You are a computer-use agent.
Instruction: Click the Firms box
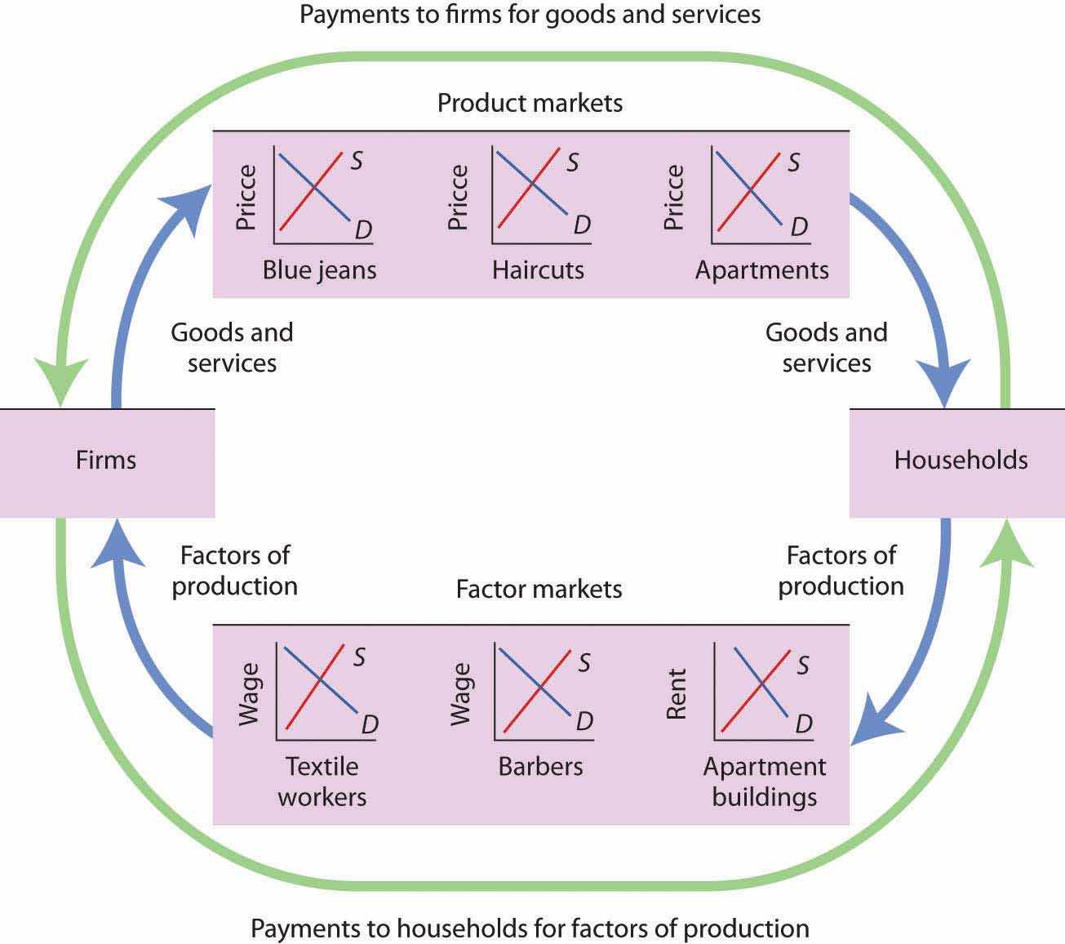tap(106, 461)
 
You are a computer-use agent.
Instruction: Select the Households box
tap(960, 461)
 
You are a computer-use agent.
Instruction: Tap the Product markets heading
tap(530, 103)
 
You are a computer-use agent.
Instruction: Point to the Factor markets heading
tap(539, 589)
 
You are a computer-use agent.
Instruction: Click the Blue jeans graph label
tap(319, 270)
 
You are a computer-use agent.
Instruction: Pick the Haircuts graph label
tap(538, 270)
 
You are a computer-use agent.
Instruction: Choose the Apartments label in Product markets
tap(761, 270)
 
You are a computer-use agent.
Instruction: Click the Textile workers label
tap(322, 781)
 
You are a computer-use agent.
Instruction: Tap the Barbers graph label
tap(540, 767)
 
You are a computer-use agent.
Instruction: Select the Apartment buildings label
tap(765, 781)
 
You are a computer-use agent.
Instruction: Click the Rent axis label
tap(677, 693)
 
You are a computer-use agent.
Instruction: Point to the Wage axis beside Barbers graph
tap(461, 693)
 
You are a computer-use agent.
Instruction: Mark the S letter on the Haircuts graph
tap(573, 163)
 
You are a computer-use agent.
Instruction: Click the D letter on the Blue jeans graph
tap(363, 230)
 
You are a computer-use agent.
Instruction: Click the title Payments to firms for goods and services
tap(530, 15)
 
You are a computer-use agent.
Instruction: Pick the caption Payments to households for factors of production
tap(530, 928)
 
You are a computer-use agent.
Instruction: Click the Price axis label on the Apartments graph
tap(673, 197)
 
